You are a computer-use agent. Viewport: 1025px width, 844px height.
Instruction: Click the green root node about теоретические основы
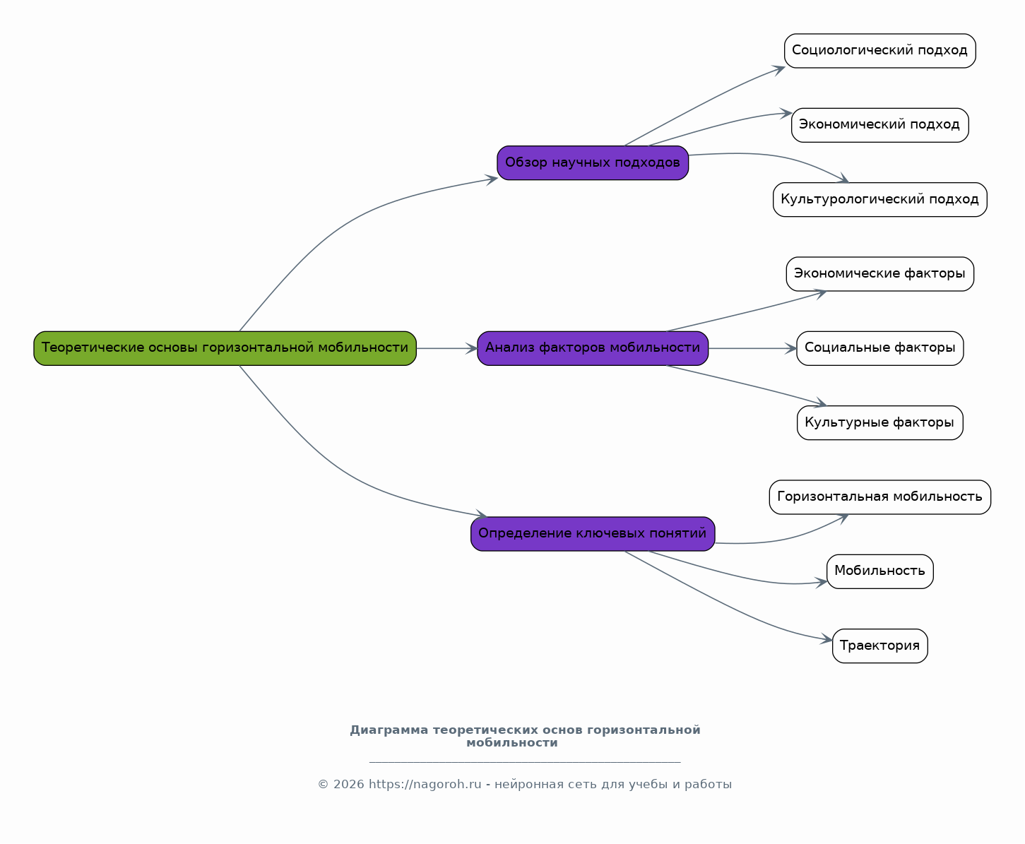pyautogui.click(x=225, y=348)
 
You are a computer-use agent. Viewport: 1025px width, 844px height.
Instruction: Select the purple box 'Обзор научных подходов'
pyautogui.click(x=593, y=162)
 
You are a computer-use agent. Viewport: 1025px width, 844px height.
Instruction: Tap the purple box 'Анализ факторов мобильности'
pyautogui.click(x=593, y=348)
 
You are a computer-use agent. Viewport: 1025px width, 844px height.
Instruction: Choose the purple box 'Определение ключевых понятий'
pyautogui.click(x=593, y=534)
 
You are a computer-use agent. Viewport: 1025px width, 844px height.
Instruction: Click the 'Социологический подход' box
pyautogui.click(x=879, y=51)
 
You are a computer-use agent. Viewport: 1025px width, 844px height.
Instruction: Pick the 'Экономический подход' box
pyautogui.click(x=879, y=125)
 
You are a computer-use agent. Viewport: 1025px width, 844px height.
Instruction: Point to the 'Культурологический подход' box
pyautogui.click(x=879, y=199)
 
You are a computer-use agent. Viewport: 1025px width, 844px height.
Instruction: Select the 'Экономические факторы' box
pyautogui.click(x=879, y=274)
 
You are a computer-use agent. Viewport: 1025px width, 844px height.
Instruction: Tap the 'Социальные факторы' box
pyautogui.click(x=879, y=348)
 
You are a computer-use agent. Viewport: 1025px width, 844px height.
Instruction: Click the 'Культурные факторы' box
pyautogui.click(x=879, y=423)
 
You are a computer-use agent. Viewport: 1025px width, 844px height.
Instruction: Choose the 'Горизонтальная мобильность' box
pyautogui.click(x=879, y=497)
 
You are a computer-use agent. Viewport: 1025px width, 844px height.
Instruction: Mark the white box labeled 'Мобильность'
pyautogui.click(x=879, y=571)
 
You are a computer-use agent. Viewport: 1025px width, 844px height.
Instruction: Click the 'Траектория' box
pyautogui.click(x=879, y=646)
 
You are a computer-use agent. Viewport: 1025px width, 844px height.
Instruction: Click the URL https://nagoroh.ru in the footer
pyautogui.click(x=425, y=784)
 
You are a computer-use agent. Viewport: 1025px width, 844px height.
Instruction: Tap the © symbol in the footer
pyautogui.click(x=323, y=785)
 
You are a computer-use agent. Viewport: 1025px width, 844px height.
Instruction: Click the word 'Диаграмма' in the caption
pyautogui.click(x=389, y=730)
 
